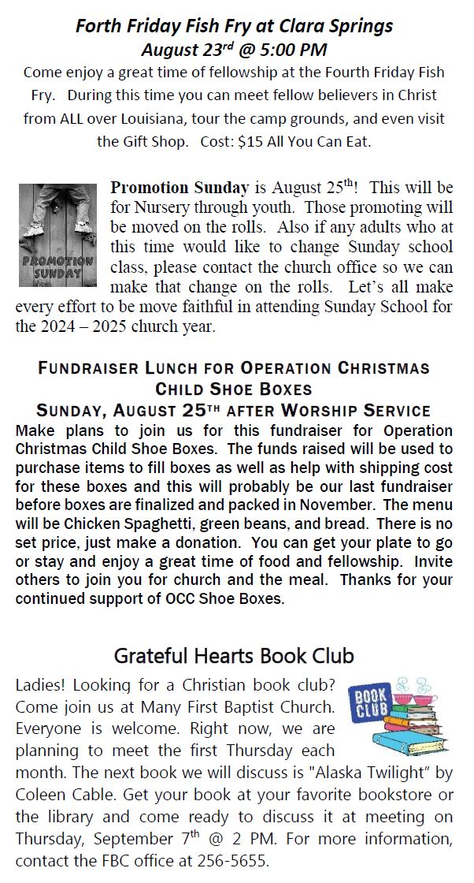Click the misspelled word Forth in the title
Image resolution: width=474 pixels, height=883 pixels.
[97, 27]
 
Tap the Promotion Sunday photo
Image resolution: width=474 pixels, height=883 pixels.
[57, 235]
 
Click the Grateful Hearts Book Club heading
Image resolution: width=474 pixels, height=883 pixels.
[234, 655]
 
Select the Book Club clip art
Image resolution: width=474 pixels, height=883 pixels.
[398, 714]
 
